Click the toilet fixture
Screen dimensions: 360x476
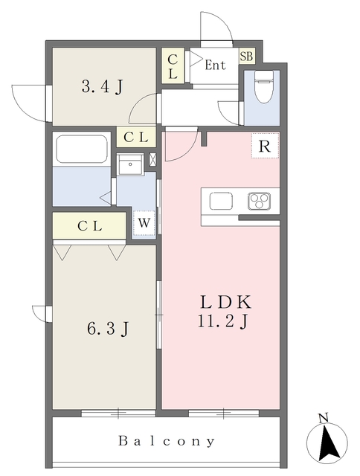point(263,86)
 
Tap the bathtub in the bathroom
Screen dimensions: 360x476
point(82,149)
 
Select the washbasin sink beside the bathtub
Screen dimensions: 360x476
point(130,164)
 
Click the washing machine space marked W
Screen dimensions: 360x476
point(144,223)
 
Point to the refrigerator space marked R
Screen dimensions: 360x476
point(265,146)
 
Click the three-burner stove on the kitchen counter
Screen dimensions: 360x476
point(259,201)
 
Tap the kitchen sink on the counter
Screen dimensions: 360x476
point(221,201)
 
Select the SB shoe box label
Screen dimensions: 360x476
point(246,56)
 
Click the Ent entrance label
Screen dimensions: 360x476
point(215,65)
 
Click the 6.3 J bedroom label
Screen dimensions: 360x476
point(108,328)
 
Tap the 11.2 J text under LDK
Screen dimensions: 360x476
point(223,321)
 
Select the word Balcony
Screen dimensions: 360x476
point(167,441)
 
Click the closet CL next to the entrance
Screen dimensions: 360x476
point(173,65)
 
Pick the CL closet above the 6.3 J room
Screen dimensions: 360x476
point(89,225)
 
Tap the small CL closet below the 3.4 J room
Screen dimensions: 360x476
point(136,137)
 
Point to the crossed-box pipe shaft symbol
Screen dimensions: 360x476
point(153,160)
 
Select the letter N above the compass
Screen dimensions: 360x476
point(324,418)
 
